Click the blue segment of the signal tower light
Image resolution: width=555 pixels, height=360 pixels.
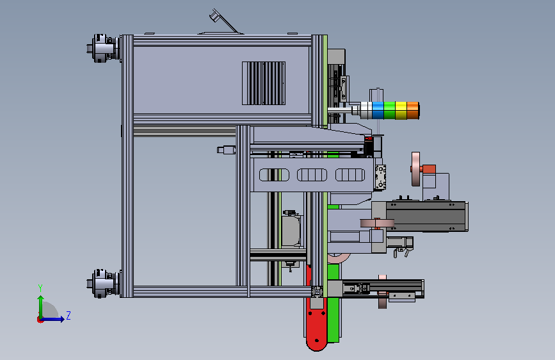tap(378, 111)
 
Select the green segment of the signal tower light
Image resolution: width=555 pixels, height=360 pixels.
tap(389, 111)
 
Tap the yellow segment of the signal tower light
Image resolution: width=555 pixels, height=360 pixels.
tap(401, 111)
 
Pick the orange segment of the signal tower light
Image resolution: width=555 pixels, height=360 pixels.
tap(413, 111)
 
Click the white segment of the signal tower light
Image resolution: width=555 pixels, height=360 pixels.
tap(366, 111)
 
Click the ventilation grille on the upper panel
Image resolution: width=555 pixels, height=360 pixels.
tap(264, 83)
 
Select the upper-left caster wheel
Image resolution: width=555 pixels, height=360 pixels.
tap(103, 48)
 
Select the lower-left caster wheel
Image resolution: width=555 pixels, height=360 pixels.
tap(103, 283)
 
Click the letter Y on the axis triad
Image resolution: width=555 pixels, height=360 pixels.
tap(40, 288)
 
